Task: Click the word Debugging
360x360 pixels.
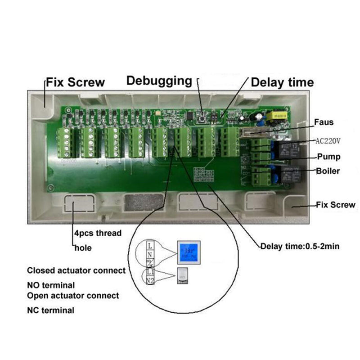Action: click(x=159, y=81)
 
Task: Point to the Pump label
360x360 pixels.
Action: click(x=328, y=157)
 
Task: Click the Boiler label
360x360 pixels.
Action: click(x=328, y=171)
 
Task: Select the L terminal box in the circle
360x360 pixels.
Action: click(x=150, y=246)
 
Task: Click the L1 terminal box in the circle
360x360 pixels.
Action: click(x=151, y=273)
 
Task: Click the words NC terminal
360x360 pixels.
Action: click(x=50, y=310)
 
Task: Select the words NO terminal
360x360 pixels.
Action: click(x=51, y=285)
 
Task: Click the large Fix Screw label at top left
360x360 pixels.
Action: click(x=74, y=82)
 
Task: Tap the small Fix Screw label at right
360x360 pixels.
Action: click(x=335, y=205)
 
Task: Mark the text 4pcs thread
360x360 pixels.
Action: click(x=97, y=234)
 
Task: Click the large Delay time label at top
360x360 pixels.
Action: click(x=282, y=82)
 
